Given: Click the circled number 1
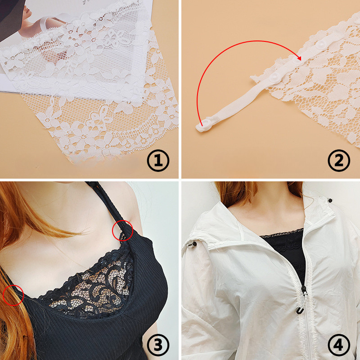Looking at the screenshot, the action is (158, 160).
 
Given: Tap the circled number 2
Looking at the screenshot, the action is (339, 160).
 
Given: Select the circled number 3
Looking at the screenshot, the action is (158, 345).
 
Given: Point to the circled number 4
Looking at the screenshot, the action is (339, 345).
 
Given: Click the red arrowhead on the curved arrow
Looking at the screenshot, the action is (299, 58).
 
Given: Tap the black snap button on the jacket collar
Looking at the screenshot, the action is (330, 200).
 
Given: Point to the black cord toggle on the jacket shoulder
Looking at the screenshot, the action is (193, 243).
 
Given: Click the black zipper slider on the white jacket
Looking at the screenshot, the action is (304, 290).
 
